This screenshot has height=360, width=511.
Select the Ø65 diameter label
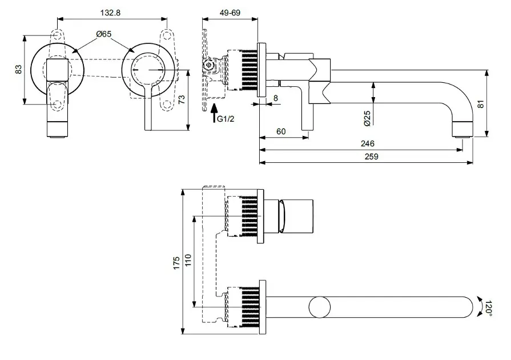tap(104, 34)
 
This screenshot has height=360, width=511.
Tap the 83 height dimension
tap(18, 69)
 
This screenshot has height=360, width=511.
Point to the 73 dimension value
tap(182, 100)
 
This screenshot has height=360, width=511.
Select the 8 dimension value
tap(275, 98)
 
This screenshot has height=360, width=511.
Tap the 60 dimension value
tap(281, 131)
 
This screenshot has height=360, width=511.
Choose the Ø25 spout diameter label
tap(367, 118)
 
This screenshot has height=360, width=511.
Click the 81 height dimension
tap(480, 104)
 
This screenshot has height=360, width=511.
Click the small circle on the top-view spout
tap(319, 307)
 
